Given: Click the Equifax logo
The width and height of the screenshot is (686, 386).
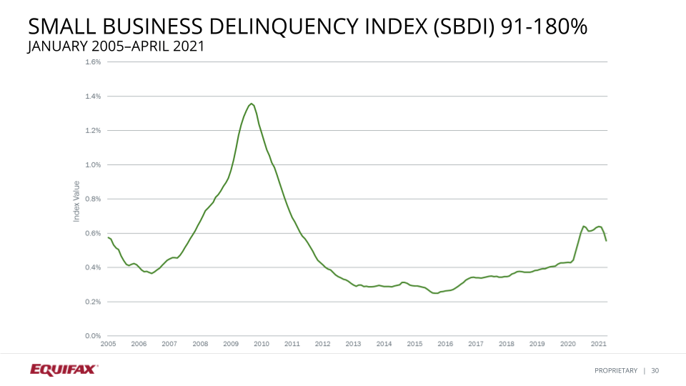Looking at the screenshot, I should (64, 370).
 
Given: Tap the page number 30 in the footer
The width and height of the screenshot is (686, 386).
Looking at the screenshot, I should (655, 370).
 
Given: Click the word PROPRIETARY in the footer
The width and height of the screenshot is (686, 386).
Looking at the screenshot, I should (615, 370).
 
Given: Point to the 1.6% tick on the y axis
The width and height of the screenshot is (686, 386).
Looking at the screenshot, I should (94, 62).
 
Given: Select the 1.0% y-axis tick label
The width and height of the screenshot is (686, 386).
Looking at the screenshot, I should (94, 165).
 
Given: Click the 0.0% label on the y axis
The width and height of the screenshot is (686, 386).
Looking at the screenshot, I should (94, 336).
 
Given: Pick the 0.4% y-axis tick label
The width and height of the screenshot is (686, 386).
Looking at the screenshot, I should (94, 268).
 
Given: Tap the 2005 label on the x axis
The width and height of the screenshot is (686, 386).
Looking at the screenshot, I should (108, 344).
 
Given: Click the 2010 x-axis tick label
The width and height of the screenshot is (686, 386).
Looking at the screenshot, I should (262, 344).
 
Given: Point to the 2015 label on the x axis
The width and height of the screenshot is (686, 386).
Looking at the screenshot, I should (414, 344).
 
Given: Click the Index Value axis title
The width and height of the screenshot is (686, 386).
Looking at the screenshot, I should (76, 200).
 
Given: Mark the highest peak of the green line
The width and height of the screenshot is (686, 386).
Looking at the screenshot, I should (251, 104).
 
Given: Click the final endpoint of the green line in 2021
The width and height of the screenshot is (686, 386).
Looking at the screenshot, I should (606, 240).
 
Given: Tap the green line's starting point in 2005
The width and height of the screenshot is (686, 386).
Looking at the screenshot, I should (108, 237).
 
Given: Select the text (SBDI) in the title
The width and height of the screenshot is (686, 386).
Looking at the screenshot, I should (454, 28).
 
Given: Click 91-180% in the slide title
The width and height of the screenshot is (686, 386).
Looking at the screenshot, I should (545, 28).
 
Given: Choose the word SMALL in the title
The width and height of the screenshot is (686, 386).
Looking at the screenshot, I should (56, 28).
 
